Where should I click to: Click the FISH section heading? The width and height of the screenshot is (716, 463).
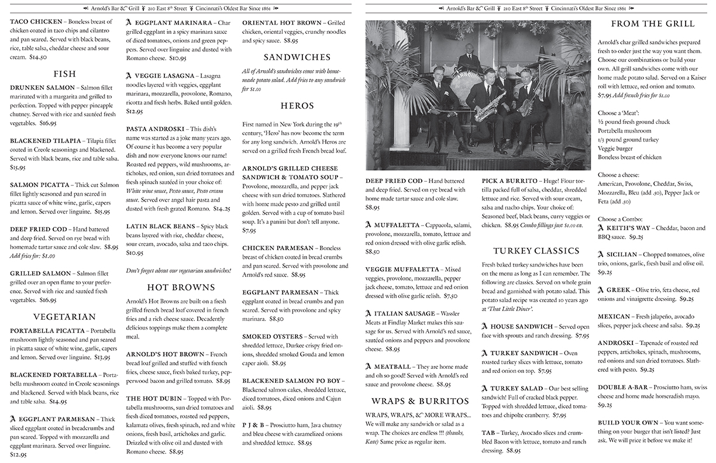(64, 74)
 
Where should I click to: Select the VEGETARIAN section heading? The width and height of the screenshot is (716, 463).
(64, 317)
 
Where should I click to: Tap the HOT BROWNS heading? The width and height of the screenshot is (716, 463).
(181, 287)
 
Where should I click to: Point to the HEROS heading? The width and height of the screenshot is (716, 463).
(297, 106)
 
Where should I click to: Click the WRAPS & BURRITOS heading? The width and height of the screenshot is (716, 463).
(420, 401)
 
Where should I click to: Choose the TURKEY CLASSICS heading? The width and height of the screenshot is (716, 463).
(536, 251)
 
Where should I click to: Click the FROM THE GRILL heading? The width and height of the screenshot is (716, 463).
(653, 24)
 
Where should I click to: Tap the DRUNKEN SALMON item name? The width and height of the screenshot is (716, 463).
(42, 87)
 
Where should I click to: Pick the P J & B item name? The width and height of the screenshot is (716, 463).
(256, 426)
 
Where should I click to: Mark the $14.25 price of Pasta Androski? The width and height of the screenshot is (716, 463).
(222, 208)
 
